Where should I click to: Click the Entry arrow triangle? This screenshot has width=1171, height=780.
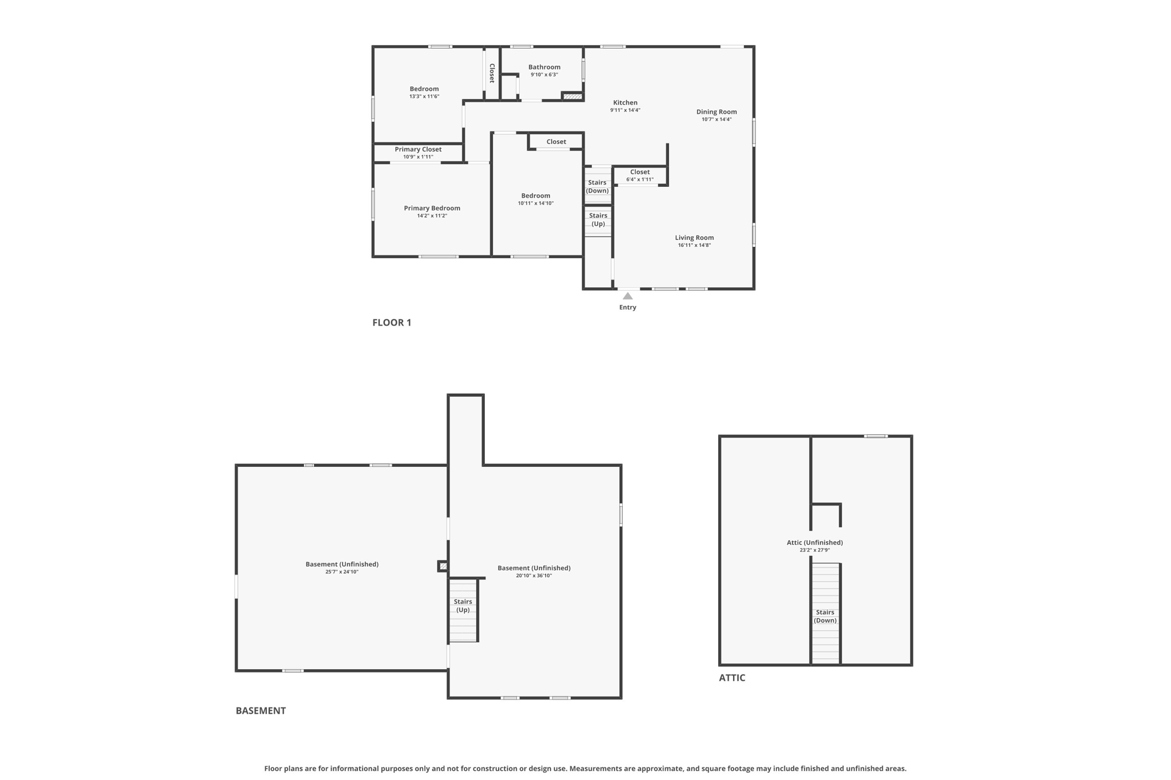tap(627, 296)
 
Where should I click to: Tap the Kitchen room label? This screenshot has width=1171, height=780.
tap(625, 103)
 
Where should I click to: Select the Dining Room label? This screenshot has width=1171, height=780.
tap(716, 112)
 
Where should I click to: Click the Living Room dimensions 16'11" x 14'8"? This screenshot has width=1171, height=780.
tap(694, 245)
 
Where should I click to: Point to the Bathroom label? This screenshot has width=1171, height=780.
tap(544, 67)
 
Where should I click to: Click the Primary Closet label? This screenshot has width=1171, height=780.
tap(418, 150)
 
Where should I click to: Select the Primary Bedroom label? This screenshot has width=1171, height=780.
tap(432, 209)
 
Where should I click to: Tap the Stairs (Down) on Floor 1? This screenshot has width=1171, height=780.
tap(597, 187)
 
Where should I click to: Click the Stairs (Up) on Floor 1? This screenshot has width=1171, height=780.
tap(598, 219)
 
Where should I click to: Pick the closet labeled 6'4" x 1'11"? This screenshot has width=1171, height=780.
tap(639, 175)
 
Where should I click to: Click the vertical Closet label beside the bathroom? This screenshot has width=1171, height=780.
tap(492, 73)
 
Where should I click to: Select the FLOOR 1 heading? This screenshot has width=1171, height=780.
tap(392, 322)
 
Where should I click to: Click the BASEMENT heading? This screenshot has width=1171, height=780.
tap(260, 711)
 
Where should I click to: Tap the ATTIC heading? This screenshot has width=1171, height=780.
tap(732, 678)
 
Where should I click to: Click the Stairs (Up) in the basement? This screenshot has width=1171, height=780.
tap(463, 606)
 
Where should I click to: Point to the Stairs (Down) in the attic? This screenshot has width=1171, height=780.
tap(825, 616)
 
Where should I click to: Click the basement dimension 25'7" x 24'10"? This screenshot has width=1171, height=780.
tap(341, 572)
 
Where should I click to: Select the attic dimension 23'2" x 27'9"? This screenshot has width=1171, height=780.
tap(814, 550)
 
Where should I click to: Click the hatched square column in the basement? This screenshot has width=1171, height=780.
tap(443, 566)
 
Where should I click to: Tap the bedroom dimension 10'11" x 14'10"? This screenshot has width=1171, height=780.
tap(535, 203)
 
